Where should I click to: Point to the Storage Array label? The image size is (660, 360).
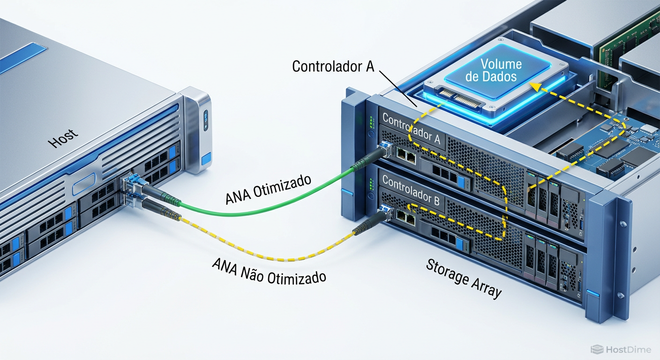point(464,279)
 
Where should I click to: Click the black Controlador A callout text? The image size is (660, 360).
point(333,66)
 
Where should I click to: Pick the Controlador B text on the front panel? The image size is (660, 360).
point(411,190)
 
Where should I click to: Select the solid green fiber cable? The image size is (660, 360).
point(262,208)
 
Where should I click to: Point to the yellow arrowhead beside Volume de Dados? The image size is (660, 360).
point(534,86)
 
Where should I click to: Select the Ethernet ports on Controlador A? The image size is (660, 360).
point(405,154)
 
